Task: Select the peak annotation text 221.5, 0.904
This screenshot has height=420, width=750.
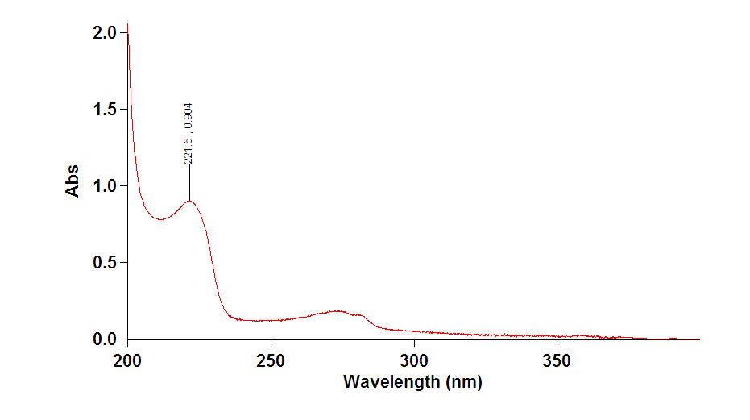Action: pos(188,133)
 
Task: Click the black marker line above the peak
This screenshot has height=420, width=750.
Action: pos(189,182)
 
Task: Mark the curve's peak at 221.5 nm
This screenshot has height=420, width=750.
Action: pos(189,201)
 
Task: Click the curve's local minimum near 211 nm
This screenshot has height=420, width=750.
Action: pos(160,218)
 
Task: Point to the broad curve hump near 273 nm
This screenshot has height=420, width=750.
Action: pos(337,310)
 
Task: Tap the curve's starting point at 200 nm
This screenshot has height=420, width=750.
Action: pos(128,34)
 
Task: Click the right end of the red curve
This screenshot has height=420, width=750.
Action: pos(699,339)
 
